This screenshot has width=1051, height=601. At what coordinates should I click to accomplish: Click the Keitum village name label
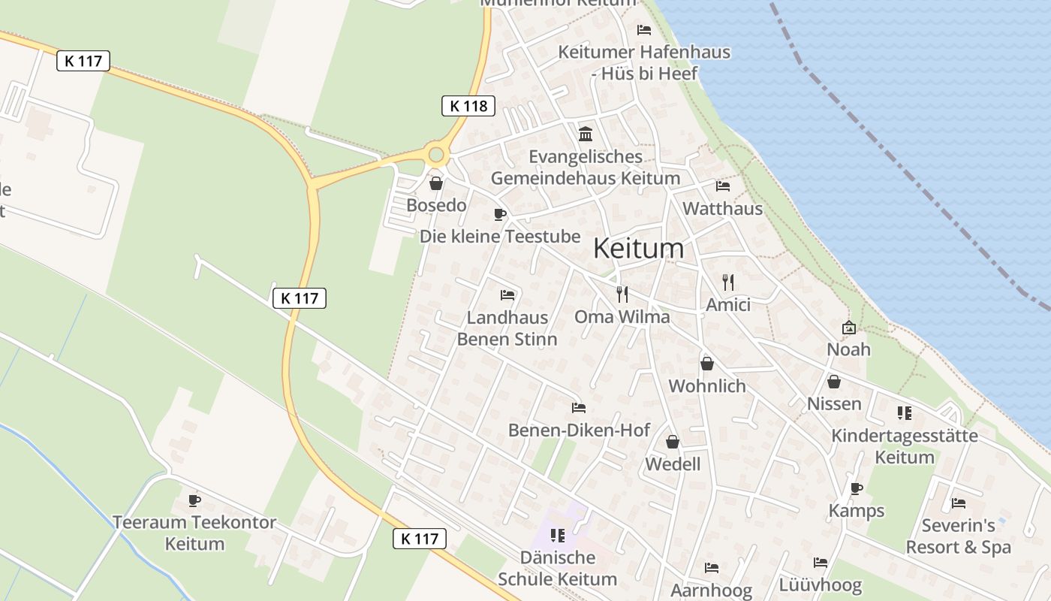point(639,249)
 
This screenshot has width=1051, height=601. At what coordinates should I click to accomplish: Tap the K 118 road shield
point(468,106)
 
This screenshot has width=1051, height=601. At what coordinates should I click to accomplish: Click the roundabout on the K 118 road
point(436,155)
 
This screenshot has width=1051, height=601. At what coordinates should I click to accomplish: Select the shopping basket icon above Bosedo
point(436,183)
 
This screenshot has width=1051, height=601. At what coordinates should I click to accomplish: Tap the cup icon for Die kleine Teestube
point(500,215)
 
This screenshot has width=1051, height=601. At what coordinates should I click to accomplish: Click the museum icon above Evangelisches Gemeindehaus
point(586,134)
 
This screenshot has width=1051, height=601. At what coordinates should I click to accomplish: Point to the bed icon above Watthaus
point(723,186)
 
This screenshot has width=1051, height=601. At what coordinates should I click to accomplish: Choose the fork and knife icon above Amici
point(727,282)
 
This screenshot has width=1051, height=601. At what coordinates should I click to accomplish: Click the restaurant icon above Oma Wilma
point(622,294)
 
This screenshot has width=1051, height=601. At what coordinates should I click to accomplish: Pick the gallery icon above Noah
point(849,328)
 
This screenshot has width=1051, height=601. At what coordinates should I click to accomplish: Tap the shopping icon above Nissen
point(834,382)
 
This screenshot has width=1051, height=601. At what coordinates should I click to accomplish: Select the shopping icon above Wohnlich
point(707,364)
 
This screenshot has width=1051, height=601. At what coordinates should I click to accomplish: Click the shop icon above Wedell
point(673,442)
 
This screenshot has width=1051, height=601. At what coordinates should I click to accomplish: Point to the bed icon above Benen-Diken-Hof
point(579,408)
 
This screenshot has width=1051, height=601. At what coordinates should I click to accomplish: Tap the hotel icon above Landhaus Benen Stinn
point(507,294)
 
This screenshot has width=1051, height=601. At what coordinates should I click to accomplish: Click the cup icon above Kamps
point(857,489)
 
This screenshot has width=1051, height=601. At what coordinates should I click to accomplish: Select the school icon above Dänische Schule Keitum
point(557,536)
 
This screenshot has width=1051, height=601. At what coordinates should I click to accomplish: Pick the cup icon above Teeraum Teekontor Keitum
point(194,500)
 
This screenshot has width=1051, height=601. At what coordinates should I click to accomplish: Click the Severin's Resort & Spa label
point(959,536)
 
